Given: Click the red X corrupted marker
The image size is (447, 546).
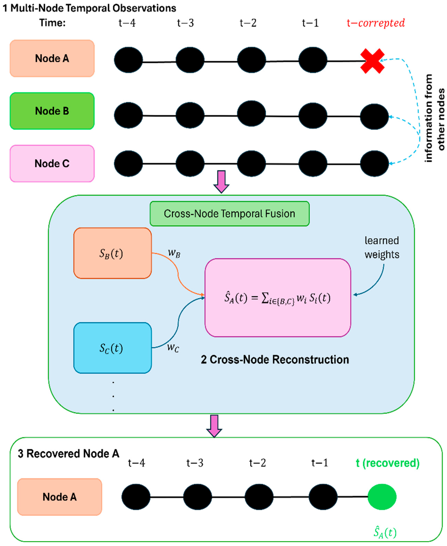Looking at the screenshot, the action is click(x=372, y=61).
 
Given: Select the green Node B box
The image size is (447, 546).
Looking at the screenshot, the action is click(x=52, y=111).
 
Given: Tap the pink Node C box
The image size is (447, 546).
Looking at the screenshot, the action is click(x=52, y=163).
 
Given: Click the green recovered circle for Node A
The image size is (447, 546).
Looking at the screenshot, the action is click(x=382, y=497).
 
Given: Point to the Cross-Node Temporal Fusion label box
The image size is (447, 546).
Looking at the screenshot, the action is click(x=229, y=214).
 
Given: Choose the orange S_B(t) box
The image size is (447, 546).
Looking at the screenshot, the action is click(x=112, y=253).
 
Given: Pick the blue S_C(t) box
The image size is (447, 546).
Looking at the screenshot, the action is click(x=112, y=348).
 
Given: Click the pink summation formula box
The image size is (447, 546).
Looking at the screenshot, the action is click(x=278, y=298).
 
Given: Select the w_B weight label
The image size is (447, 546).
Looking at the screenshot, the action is click(x=174, y=253).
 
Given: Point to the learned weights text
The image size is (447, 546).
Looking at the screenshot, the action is click(x=382, y=247).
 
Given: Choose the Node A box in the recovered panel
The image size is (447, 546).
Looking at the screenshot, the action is click(x=60, y=497).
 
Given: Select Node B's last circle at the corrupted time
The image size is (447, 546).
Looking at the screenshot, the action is click(x=374, y=116).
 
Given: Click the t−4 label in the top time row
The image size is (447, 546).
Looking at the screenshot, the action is click(x=127, y=23).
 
